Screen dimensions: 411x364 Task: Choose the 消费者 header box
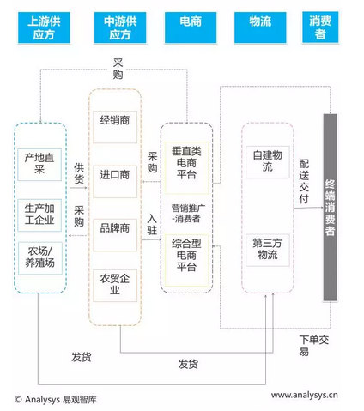point(322,27)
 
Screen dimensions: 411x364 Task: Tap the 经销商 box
point(115,120)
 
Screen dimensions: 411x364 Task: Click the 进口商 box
point(115,176)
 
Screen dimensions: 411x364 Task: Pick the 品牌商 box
point(115,228)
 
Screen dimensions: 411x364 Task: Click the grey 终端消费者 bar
point(330,207)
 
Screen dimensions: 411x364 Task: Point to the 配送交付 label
point(302,180)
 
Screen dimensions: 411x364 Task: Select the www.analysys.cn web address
point(305,396)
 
